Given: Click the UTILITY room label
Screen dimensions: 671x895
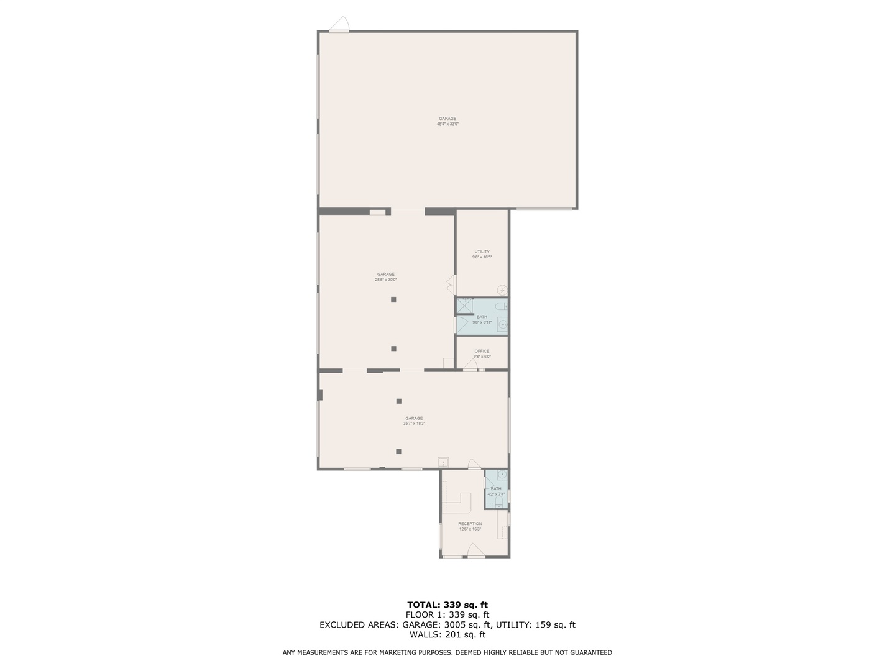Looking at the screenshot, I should pyautogui.click(x=482, y=252).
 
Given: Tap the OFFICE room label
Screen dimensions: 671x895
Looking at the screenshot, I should pyautogui.click(x=482, y=351).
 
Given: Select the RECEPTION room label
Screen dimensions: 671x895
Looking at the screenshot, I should pyautogui.click(x=470, y=524).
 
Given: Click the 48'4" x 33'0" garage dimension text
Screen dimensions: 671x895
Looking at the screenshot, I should pyautogui.click(x=447, y=124).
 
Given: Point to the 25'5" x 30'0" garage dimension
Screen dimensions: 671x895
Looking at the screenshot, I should pyautogui.click(x=385, y=280).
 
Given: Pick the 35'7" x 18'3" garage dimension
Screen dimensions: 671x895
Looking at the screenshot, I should pyautogui.click(x=414, y=424).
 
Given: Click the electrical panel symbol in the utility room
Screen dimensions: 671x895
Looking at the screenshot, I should pyautogui.click(x=502, y=290).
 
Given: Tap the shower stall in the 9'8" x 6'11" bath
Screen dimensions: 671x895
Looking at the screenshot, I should pyautogui.click(x=464, y=305).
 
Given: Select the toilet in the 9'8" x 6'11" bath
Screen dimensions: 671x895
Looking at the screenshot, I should pyautogui.click(x=502, y=306).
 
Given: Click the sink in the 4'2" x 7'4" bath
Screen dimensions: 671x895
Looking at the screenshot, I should pyautogui.click(x=502, y=477).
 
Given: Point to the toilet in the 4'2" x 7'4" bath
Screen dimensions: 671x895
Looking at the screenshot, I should pyautogui.click(x=498, y=501).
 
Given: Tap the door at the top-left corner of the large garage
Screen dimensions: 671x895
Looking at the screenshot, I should pyautogui.click(x=340, y=25).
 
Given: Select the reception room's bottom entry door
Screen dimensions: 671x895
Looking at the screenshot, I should pyautogui.click(x=475, y=550).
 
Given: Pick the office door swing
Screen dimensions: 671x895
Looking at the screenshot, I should pyautogui.click(x=470, y=365).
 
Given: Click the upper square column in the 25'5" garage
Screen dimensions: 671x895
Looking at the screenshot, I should pyautogui.click(x=393, y=299).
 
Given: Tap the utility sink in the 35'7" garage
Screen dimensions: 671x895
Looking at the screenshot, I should pyautogui.click(x=443, y=462).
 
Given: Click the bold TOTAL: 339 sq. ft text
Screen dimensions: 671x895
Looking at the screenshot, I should pyautogui.click(x=447, y=605).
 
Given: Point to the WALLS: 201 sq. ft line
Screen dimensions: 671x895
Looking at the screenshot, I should pyautogui.click(x=447, y=634).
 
